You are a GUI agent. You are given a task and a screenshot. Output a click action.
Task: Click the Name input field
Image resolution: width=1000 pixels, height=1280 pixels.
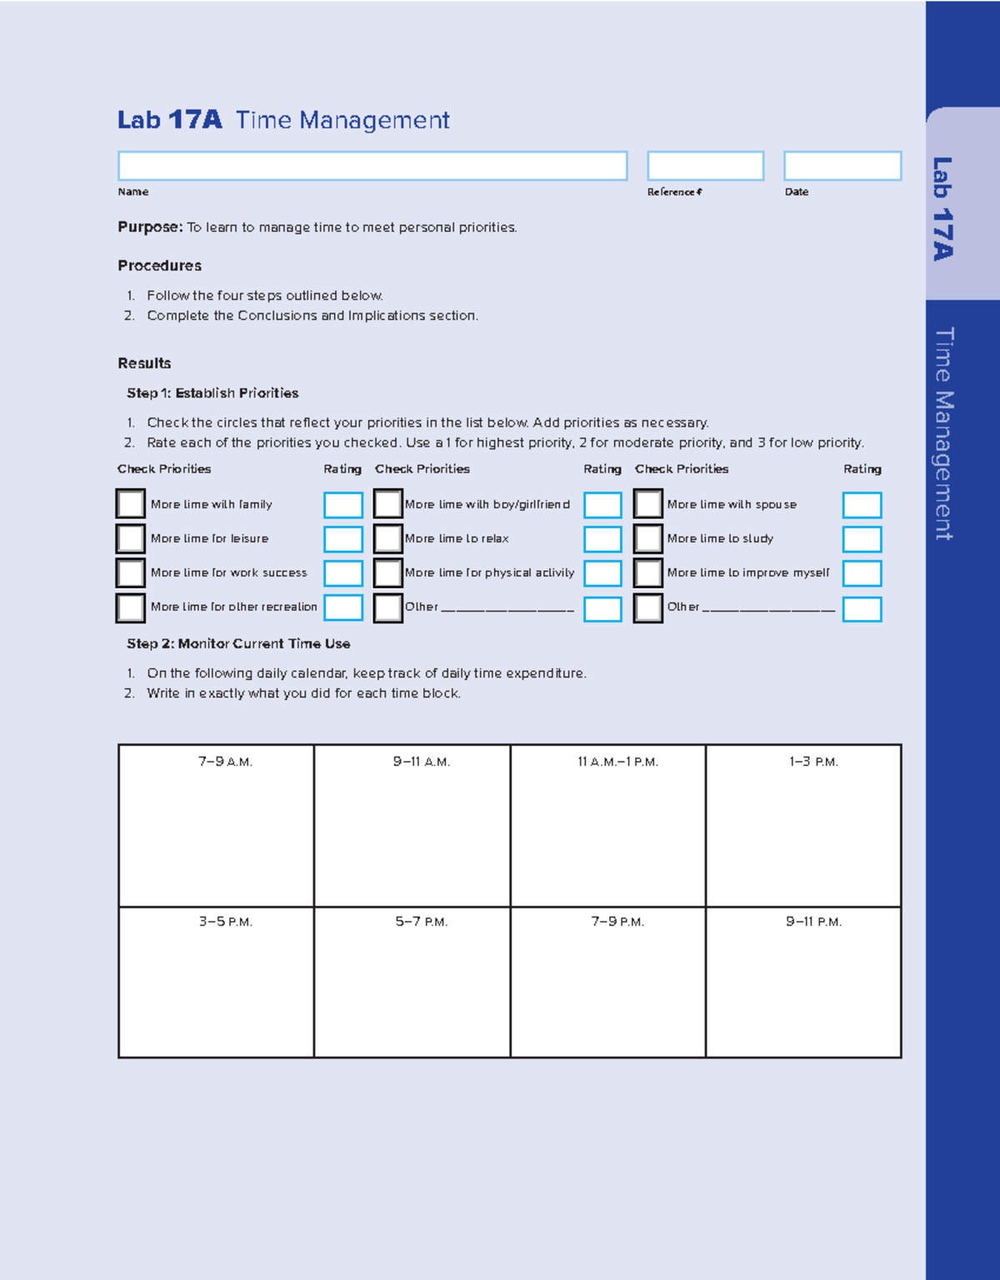pos(372,166)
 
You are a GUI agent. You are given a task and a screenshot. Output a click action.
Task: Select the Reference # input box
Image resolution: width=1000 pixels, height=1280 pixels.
pos(705,166)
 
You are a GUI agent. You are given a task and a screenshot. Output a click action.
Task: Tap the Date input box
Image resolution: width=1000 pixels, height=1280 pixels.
pos(842,166)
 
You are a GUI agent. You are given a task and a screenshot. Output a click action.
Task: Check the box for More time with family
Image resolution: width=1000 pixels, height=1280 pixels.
pos(131,504)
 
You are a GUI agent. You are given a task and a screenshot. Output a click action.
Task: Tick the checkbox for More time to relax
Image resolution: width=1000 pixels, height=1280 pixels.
pos(387,538)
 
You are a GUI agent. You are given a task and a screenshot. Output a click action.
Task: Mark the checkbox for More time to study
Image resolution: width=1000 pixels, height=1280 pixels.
pos(647,538)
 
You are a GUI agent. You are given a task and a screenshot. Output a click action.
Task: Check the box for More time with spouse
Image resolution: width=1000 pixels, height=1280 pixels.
pos(647,504)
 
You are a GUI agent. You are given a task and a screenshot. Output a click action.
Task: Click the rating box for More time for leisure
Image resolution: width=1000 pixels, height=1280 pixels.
pos(342,539)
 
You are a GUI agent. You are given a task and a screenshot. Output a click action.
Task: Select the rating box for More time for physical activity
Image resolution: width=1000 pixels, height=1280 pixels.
pos(602,573)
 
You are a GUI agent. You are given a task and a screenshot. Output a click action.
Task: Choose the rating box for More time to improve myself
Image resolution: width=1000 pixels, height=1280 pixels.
pos(862,573)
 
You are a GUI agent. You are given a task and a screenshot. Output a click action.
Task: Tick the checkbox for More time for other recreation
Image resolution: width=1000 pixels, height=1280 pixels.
pos(131,607)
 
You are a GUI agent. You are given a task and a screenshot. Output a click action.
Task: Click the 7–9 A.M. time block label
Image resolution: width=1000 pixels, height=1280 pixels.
pos(225,762)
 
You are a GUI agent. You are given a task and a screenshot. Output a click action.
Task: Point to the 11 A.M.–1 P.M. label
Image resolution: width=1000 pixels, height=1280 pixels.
pos(617,762)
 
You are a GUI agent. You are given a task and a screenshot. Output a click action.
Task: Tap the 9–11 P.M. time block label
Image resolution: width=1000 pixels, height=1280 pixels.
pos(813,922)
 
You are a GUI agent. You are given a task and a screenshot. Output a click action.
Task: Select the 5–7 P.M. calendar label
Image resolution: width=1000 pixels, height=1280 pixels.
pos(421,922)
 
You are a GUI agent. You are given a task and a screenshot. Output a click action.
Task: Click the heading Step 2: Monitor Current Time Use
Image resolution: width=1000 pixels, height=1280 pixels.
pos(238,643)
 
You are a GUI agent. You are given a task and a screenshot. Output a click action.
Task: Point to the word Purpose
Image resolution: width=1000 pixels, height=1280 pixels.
pos(149,227)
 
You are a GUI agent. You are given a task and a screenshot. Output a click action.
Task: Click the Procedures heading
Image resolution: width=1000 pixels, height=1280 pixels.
pos(159,266)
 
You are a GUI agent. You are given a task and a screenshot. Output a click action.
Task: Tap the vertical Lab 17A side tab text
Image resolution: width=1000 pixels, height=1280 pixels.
pos(942,208)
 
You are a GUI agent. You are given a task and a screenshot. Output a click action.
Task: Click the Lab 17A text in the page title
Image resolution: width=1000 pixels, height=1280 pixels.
pos(169,120)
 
